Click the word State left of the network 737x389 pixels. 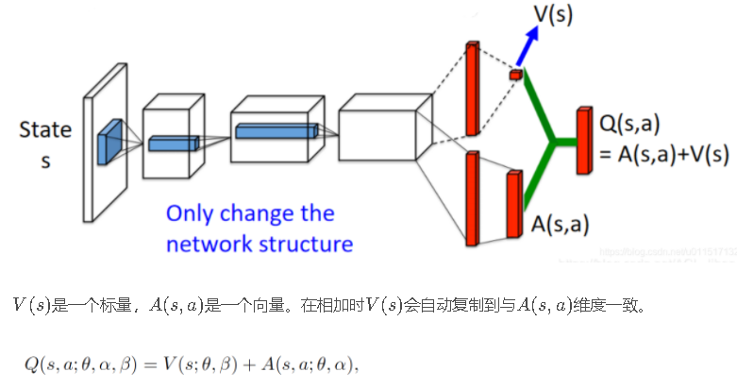(x=44, y=130)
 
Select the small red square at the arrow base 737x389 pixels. (x=515, y=74)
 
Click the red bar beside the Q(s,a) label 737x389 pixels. (x=582, y=141)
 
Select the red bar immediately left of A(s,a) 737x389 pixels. (x=514, y=202)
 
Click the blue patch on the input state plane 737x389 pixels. (x=109, y=142)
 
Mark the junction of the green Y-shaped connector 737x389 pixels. (x=552, y=142)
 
